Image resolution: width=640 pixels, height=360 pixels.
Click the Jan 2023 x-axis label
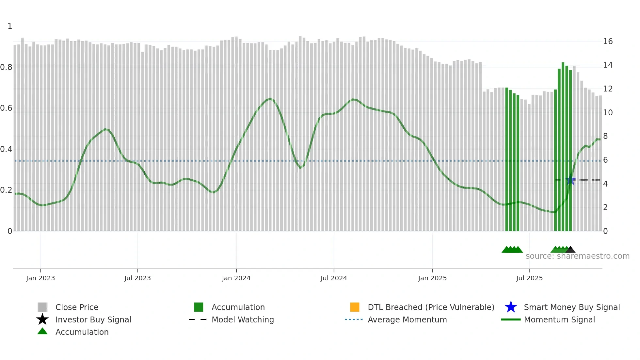coord(40,278)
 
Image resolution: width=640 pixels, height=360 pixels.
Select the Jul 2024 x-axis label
coord(334,278)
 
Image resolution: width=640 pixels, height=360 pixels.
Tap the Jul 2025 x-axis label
coord(529,278)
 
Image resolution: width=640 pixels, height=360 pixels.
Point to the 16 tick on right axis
coord(608,41)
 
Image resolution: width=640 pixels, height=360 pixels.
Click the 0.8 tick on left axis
coord(7,67)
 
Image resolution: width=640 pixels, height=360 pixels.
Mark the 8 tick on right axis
coord(605,136)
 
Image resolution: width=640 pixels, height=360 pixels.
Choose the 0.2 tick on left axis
coord(7,190)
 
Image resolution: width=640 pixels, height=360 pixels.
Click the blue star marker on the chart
coord(570,180)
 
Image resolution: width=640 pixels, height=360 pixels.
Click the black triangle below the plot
coord(570,250)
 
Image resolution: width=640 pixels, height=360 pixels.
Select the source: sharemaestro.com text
coord(577,256)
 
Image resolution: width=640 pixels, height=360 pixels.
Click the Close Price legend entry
coord(77,307)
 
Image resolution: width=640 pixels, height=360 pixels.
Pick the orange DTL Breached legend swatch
coord(355,307)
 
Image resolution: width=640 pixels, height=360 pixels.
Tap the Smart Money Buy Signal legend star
coord(511,307)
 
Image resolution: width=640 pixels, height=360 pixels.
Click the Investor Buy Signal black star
coord(42,319)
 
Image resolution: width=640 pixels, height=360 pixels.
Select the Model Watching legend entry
coord(243,319)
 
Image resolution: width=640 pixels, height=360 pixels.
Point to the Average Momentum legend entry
coord(407,319)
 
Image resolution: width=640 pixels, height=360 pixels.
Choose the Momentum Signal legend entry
coord(559,319)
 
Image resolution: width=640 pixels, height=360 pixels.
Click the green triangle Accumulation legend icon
coord(42,331)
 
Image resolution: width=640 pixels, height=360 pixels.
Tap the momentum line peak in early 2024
coord(270,98)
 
